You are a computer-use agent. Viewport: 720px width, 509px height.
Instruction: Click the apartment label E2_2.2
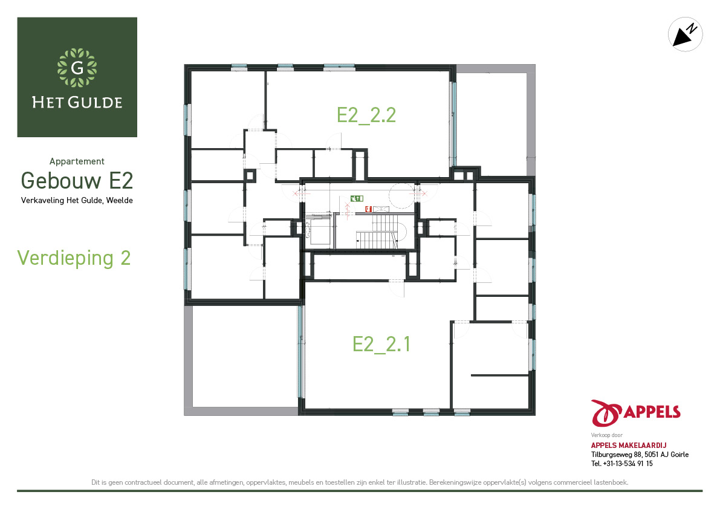(366, 115)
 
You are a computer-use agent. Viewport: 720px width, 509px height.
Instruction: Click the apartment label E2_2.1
(381, 344)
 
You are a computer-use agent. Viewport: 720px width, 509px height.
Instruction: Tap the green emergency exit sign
(357, 198)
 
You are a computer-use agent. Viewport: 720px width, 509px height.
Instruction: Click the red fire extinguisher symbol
(368, 209)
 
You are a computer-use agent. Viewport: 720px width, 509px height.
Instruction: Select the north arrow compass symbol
(685, 34)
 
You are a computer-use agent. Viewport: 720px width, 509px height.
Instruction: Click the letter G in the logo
(77, 68)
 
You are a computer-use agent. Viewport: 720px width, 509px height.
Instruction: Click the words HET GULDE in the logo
(77, 102)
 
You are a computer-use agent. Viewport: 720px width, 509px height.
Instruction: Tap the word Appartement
(77, 161)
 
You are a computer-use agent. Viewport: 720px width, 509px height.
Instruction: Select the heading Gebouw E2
(77, 180)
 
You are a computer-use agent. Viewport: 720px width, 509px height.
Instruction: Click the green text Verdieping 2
(74, 258)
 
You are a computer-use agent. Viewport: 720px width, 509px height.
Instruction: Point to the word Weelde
(119, 201)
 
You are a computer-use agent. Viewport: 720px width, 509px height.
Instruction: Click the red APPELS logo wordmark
(652, 412)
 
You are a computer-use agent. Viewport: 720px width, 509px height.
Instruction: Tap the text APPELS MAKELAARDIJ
(629, 445)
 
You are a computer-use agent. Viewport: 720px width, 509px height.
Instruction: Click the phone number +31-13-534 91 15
(628, 464)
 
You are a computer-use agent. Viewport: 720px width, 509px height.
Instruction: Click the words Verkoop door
(606, 435)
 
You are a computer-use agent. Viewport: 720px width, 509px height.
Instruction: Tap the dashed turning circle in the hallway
(402, 195)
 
